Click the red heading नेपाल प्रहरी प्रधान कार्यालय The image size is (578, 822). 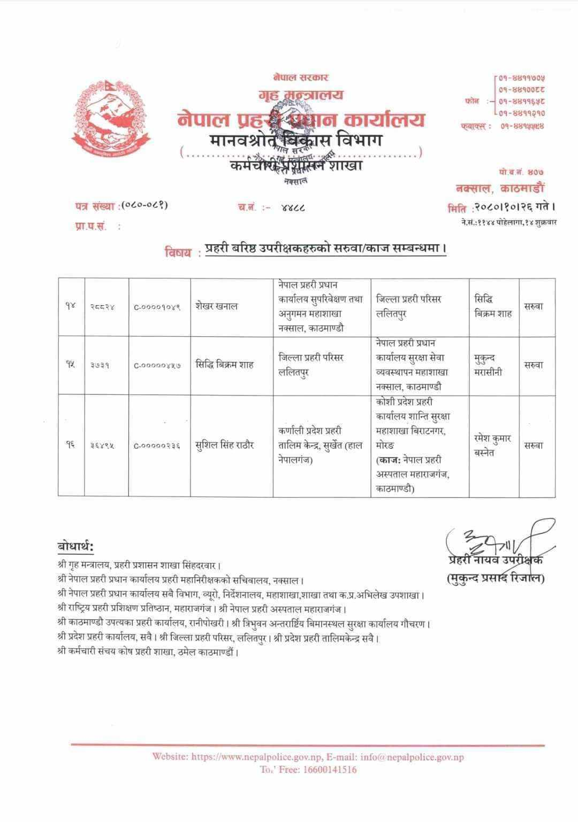coord(301,119)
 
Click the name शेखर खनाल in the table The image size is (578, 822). coord(216,307)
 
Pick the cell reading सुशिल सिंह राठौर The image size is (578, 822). coord(225,445)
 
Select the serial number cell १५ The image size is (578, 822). coord(71,365)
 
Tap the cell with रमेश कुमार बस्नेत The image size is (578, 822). coord(492,445)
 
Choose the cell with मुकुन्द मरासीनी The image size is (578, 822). coord(488,365)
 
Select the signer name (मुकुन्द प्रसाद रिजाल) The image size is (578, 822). coord(495,578)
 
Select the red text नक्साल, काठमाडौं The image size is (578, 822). coord(500,188)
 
